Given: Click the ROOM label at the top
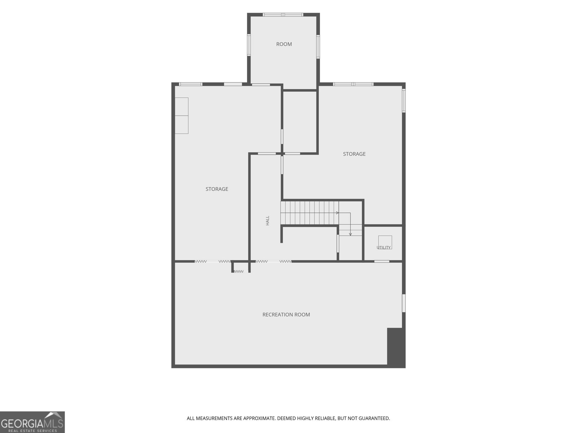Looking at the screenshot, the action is [x=284, y=44].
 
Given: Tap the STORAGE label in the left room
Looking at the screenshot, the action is [x=217, y=189].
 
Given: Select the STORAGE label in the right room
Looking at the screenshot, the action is [x=354, y=154].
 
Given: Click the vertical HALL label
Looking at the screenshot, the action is [x=268, y=220].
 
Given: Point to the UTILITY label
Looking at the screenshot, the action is [x=384, y=248].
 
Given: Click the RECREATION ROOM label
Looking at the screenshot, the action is [x=286, y=315].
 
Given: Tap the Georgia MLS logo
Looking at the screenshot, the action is [x=32, y=422].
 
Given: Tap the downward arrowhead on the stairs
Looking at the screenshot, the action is [x=351, y=234].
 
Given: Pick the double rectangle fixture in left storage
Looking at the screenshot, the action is [x=182, y=116].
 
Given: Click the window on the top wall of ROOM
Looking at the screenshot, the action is [x=283, y=15].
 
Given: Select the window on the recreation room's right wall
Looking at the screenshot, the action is [x=404, y=303].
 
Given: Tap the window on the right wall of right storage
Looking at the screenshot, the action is [x=404, y=101].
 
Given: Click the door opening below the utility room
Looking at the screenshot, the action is [x=382, y=261].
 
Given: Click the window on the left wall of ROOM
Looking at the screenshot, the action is [x=249, y=45].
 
